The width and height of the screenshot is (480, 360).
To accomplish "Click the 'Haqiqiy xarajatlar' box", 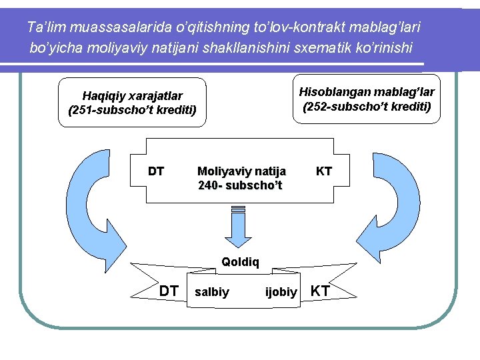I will coord(132,103).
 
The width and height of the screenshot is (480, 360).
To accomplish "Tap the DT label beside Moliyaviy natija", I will coord(156,171).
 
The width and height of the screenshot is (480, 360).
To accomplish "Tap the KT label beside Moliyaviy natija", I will coord(324,171).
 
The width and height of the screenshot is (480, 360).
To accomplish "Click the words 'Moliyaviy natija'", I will coord(241,171).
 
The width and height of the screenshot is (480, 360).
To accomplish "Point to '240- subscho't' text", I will coord(240,185).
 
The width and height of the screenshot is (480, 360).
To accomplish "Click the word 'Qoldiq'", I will coord(240,262).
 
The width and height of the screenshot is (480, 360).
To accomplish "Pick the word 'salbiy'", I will coord(212,291).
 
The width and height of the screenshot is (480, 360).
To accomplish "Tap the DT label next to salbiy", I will coord(169,290).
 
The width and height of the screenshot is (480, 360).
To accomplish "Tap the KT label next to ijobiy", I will coord(321,290).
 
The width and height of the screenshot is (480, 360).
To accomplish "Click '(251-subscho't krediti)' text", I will coord(132,110).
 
